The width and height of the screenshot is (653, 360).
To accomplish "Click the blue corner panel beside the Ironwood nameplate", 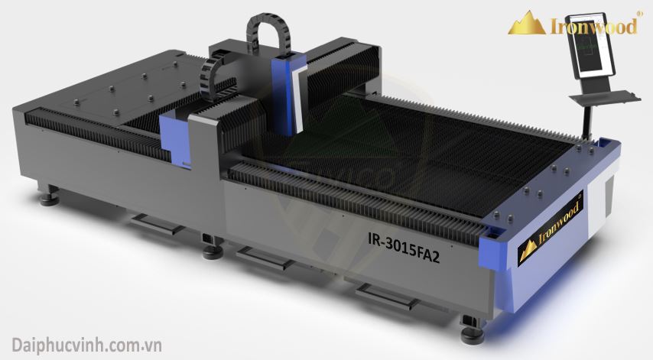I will point(494,252).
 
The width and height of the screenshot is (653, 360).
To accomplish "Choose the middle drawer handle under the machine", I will point(263,258).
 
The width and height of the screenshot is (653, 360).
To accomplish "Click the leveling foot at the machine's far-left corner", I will point(49,197).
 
